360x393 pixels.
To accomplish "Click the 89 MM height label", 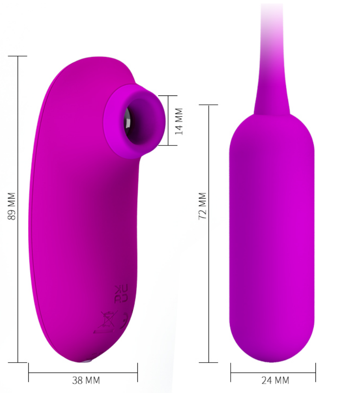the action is pyautogui.click(x=12, y=206).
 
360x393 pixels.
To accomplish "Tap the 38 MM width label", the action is pyautogui.click(x=86, y=381).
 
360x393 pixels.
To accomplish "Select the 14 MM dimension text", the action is pyautogui.click(x=179, y=121).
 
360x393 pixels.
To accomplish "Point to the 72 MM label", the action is pyautogui.click(x=202, y=206).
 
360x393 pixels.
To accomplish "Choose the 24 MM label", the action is pyautogui.click(x=275, y=381).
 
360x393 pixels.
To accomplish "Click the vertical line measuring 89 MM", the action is pyautogui.click(x=18, y=209).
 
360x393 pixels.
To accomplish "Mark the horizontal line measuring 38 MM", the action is pyautogui.click(x=83, y=373).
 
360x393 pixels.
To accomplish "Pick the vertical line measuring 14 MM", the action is pyautogui.click(x=168, y=120).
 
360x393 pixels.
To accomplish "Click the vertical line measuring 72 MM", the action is pyautogui.click(x=208, y=234).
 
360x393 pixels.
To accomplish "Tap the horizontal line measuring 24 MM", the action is pyautogui.click(x=273, y=373).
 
